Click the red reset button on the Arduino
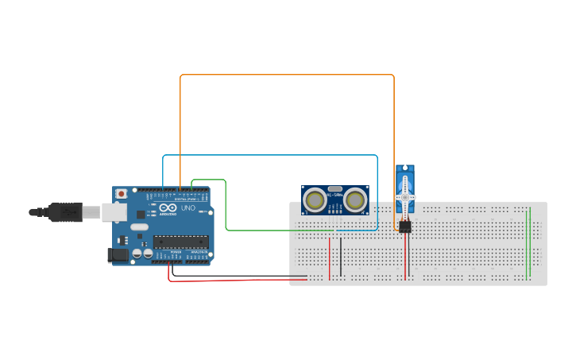(x=121, y=193)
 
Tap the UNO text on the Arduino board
(x=188, y=208)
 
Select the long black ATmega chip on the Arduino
(x=180, y=242)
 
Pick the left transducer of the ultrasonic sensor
(x=315, y=200)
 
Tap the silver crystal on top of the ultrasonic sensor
(x=334, y=189)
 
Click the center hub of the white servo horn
(x=405, y=196)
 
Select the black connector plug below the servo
(x=405, y=226)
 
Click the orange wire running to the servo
(x=286, y=75)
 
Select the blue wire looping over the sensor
(x=270, y=155)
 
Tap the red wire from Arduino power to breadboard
(x=238, y=280)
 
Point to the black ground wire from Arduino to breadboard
(x=238, y=276)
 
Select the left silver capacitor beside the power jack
(x=137, y=253)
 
